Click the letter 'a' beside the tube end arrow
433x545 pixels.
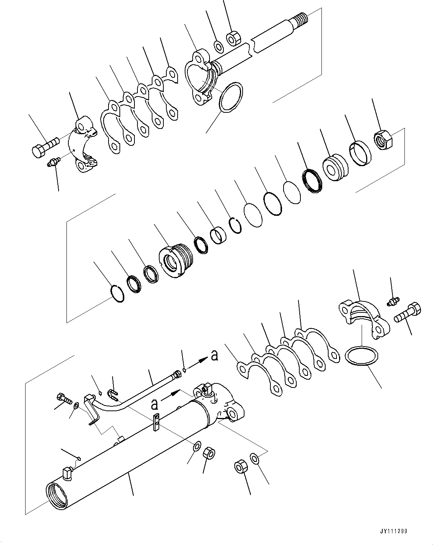pyautogui.click(x=214, y=355)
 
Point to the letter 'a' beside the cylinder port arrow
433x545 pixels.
pyautogui.click(x=154, y=404)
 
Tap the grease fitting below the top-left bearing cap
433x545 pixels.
pyautogui.click(x=53, y=163)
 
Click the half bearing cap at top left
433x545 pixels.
pyautogui.click(x=83, y=146)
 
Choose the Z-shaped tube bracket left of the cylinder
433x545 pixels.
pyautogui.click(x=92, y=409)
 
